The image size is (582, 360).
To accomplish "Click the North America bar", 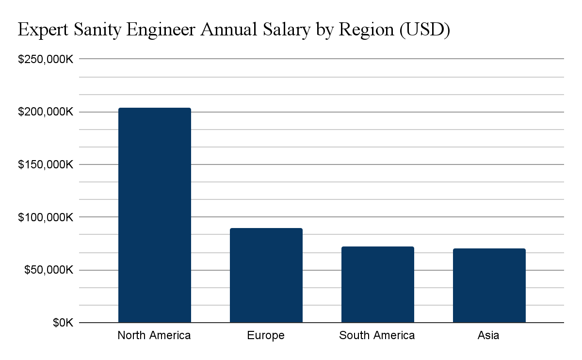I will [155, 215].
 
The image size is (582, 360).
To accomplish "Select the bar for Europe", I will [266, 275].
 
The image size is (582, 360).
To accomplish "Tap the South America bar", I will [377, 284].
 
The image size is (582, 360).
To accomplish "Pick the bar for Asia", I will [489, 285].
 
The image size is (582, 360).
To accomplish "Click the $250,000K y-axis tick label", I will [45, 59].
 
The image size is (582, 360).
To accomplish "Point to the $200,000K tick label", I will [45, 112].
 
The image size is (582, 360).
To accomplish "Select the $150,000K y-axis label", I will [45, 164].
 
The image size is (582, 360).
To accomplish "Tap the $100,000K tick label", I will [45, 217].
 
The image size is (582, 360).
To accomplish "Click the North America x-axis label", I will [154, 335].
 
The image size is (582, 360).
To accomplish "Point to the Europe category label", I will [266, 335].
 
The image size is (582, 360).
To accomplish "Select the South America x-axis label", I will [377, 335].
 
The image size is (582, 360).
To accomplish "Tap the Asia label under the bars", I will [488, 335].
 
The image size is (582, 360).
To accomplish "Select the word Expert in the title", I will [42, 31].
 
